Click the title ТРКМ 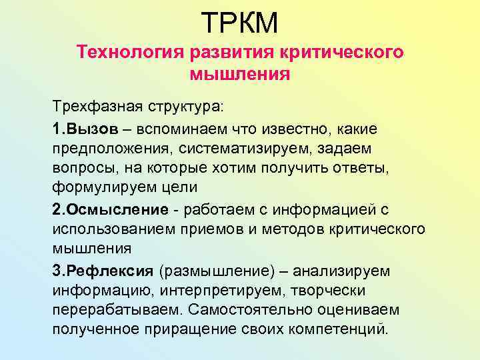coord(239,22)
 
